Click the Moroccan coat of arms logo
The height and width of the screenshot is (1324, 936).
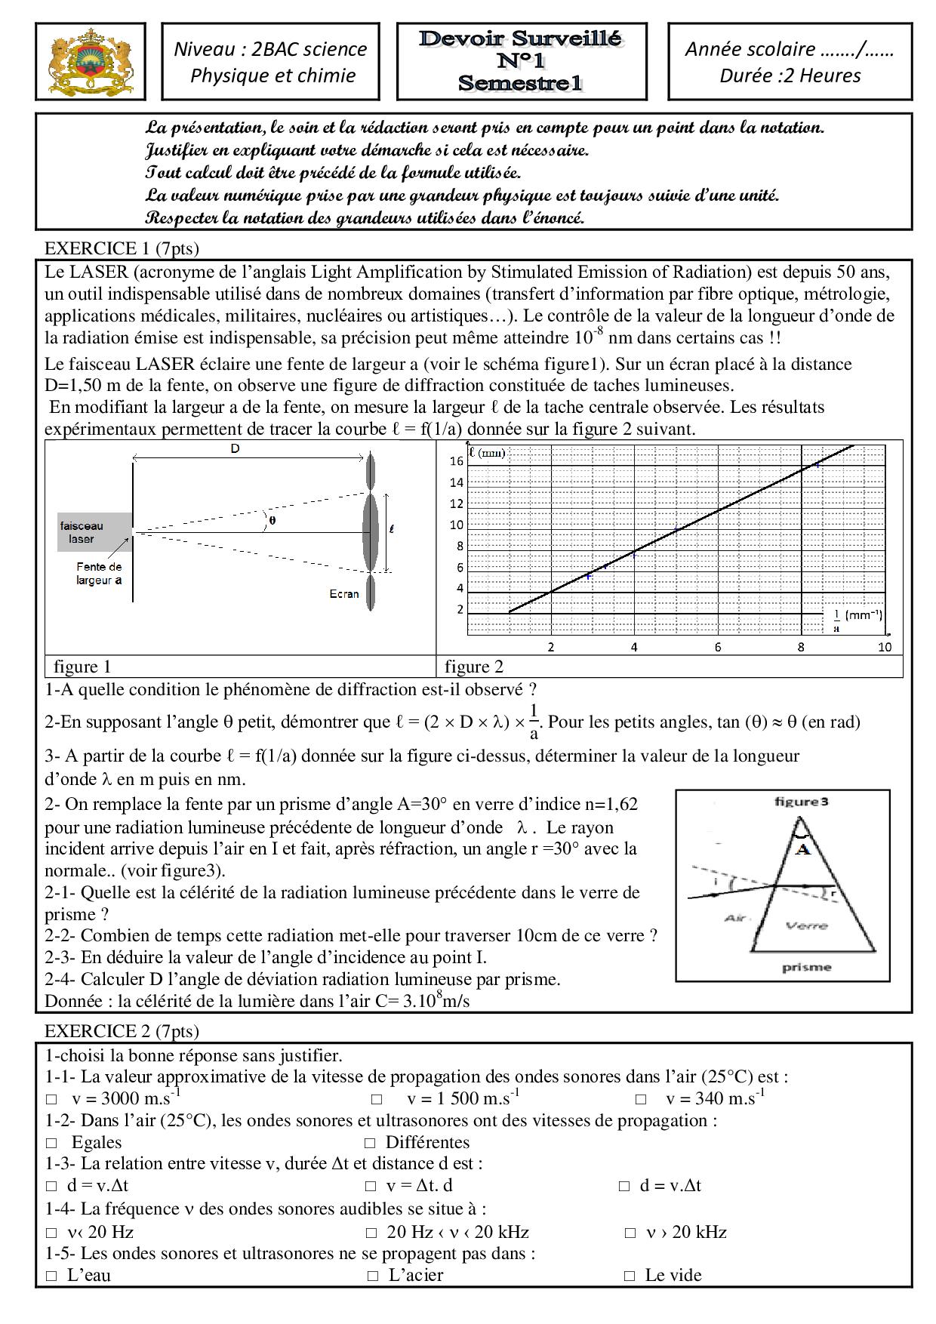pos(90,61)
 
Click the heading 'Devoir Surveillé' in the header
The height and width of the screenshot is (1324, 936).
pos(521,38)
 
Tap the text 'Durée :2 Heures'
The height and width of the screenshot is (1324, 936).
pos(790,75)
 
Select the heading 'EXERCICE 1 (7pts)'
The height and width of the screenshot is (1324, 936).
pos(122,248)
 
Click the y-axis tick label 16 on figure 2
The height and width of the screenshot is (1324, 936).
pos(456,461)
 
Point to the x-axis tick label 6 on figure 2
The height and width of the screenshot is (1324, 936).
pos(718,647)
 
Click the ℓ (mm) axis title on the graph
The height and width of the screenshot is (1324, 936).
pos(487,453)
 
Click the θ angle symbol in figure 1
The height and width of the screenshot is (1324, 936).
pos(272,520)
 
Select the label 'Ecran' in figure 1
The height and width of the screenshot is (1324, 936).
pos(343,594)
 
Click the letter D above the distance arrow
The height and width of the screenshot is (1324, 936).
pos(235,448)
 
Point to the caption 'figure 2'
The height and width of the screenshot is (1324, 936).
pos(473,667)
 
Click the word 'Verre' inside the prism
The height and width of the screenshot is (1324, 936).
pos(806,925)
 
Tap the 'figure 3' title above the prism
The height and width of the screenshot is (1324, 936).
pos(801,802)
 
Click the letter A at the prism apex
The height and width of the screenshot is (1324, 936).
pos(803,850)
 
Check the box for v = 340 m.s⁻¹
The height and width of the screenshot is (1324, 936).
pos(640,1100)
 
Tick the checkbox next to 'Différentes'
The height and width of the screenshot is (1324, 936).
pos(370,1144)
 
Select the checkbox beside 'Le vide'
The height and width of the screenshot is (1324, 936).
pos(630,1276)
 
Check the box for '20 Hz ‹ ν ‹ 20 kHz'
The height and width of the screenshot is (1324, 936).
pos(371,1233)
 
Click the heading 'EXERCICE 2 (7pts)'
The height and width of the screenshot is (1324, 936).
pos(122,1031)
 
